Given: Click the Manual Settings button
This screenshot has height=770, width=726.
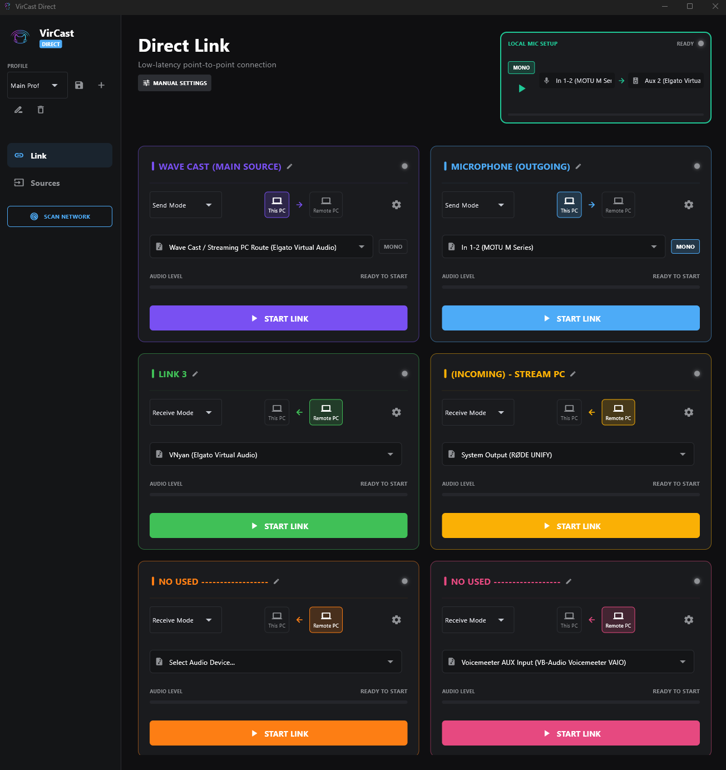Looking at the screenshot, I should (x=175, y=83).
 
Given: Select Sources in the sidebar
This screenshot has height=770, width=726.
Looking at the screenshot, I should (x=45, y=183).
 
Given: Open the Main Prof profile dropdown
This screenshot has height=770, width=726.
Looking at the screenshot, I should (x=37, y=86).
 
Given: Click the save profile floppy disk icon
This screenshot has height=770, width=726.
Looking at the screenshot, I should (x=79, y=85).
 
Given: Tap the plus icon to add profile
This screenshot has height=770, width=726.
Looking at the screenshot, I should (x=101, y=85).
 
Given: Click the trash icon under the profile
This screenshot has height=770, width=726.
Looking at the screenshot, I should (x=41, y=110).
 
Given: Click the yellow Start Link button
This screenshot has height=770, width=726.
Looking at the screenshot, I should (x=570, y=526).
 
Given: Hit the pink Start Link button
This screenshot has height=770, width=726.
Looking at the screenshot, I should (x=570, y=733).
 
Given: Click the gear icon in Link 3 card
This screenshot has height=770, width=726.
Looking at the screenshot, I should (x=396, y=412).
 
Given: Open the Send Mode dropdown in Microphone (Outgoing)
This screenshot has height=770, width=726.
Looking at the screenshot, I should (x=477, y=205).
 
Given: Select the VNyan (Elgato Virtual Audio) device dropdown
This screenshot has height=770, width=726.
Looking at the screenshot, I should (x=275, y=455).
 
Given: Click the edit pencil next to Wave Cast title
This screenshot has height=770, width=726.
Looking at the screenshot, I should (x=289, y=166).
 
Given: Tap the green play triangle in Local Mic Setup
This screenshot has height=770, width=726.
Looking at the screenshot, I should (x=522, y=88).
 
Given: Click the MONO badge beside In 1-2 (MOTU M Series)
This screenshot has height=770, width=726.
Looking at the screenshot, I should (x=685, y=247).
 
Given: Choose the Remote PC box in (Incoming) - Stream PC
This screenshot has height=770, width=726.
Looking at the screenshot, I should (x=618, y=412).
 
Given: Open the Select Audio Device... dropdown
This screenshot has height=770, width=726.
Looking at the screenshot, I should (x=275, y=662).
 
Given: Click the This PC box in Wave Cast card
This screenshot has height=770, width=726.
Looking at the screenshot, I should (x=276, y=205).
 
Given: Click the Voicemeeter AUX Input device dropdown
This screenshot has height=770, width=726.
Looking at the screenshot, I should (x=567, y=662).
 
